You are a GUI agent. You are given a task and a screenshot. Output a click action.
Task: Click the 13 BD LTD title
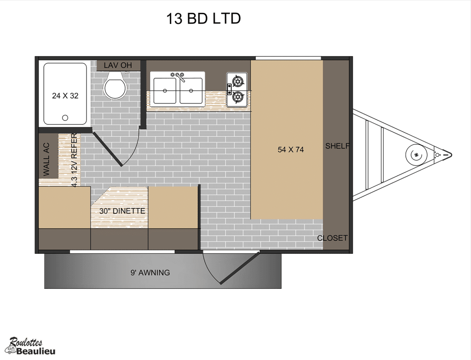(203, 18)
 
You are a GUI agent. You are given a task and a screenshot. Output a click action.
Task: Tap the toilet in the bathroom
(115, 85)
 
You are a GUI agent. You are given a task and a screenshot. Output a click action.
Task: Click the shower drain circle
(65, 118)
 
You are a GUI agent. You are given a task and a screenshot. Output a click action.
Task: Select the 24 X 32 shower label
(65, 96)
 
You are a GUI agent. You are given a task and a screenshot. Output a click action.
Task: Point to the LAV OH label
(118, 65)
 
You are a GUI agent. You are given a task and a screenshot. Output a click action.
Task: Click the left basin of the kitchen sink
(165, 91)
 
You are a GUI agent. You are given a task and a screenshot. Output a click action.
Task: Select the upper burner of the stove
(238, 81)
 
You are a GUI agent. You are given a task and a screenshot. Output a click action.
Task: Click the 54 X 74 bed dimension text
(291, 149)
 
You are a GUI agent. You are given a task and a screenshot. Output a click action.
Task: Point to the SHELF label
(337, 146)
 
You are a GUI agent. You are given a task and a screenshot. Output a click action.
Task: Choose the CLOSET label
(332, 238)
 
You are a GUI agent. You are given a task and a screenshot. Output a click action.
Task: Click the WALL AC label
(46, 159)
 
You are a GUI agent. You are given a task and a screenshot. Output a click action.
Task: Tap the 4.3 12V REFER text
(74, 160)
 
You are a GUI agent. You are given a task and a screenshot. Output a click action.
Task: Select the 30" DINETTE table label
(122, 211)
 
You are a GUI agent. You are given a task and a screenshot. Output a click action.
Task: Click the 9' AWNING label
(150, 273)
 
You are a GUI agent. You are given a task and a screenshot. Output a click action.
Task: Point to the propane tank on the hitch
(416, 155)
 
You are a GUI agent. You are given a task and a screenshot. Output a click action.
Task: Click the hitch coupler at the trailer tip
(444, 154)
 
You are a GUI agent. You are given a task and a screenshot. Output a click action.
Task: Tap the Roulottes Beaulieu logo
(30, 346)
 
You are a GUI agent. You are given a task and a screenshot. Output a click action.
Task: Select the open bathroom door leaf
(107, 149)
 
